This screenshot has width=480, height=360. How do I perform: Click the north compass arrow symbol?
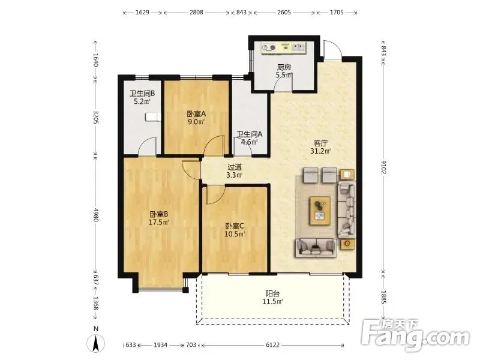point(96,343)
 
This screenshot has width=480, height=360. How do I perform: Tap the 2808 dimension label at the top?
point(196,13)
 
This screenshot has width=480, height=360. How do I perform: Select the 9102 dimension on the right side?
point(383,167)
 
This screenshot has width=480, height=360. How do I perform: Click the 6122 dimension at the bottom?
point(273,345)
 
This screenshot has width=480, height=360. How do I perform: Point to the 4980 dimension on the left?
point(96,215)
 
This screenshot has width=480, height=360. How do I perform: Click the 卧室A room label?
point(196,114)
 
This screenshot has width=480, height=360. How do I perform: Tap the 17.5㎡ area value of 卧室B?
point(159,223)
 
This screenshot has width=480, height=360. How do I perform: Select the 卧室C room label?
point(235,226)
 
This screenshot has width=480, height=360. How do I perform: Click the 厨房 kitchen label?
point(284,67)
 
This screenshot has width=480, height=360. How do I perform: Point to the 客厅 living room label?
point(321,143)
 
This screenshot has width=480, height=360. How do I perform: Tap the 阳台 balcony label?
point(272,293)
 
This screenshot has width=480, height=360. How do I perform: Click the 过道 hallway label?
point(235,167)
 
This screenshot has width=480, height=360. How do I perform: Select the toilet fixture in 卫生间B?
point(153,116)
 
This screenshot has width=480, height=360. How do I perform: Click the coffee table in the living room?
point(320,211)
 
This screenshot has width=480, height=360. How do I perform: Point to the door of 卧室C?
point(216,194)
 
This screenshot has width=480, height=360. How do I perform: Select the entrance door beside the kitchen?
point(332,49)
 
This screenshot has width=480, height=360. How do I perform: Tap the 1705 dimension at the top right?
point(337,13)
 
